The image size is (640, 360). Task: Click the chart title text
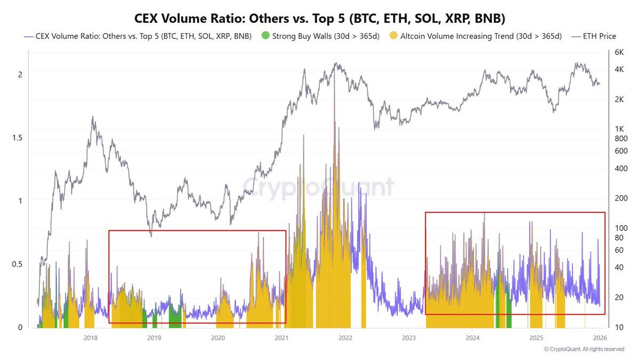coord(319,18)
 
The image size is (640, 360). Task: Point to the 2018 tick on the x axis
coord(91,338)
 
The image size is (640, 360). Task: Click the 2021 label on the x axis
coord(282,338)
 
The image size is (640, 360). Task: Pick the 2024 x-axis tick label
coord(473,338)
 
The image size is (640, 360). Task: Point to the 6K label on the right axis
coord(619,52)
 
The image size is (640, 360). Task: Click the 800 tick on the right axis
coord(621,139)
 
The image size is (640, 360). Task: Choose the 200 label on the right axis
coord(621,198)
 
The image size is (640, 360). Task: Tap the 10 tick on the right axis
coord(619,327)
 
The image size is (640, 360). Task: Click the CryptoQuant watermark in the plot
coord(319,187)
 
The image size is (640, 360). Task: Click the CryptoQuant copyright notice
coord(584,349)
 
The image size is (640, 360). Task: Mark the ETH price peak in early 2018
coord(93,117)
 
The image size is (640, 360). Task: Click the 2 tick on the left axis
coord(20,75)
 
